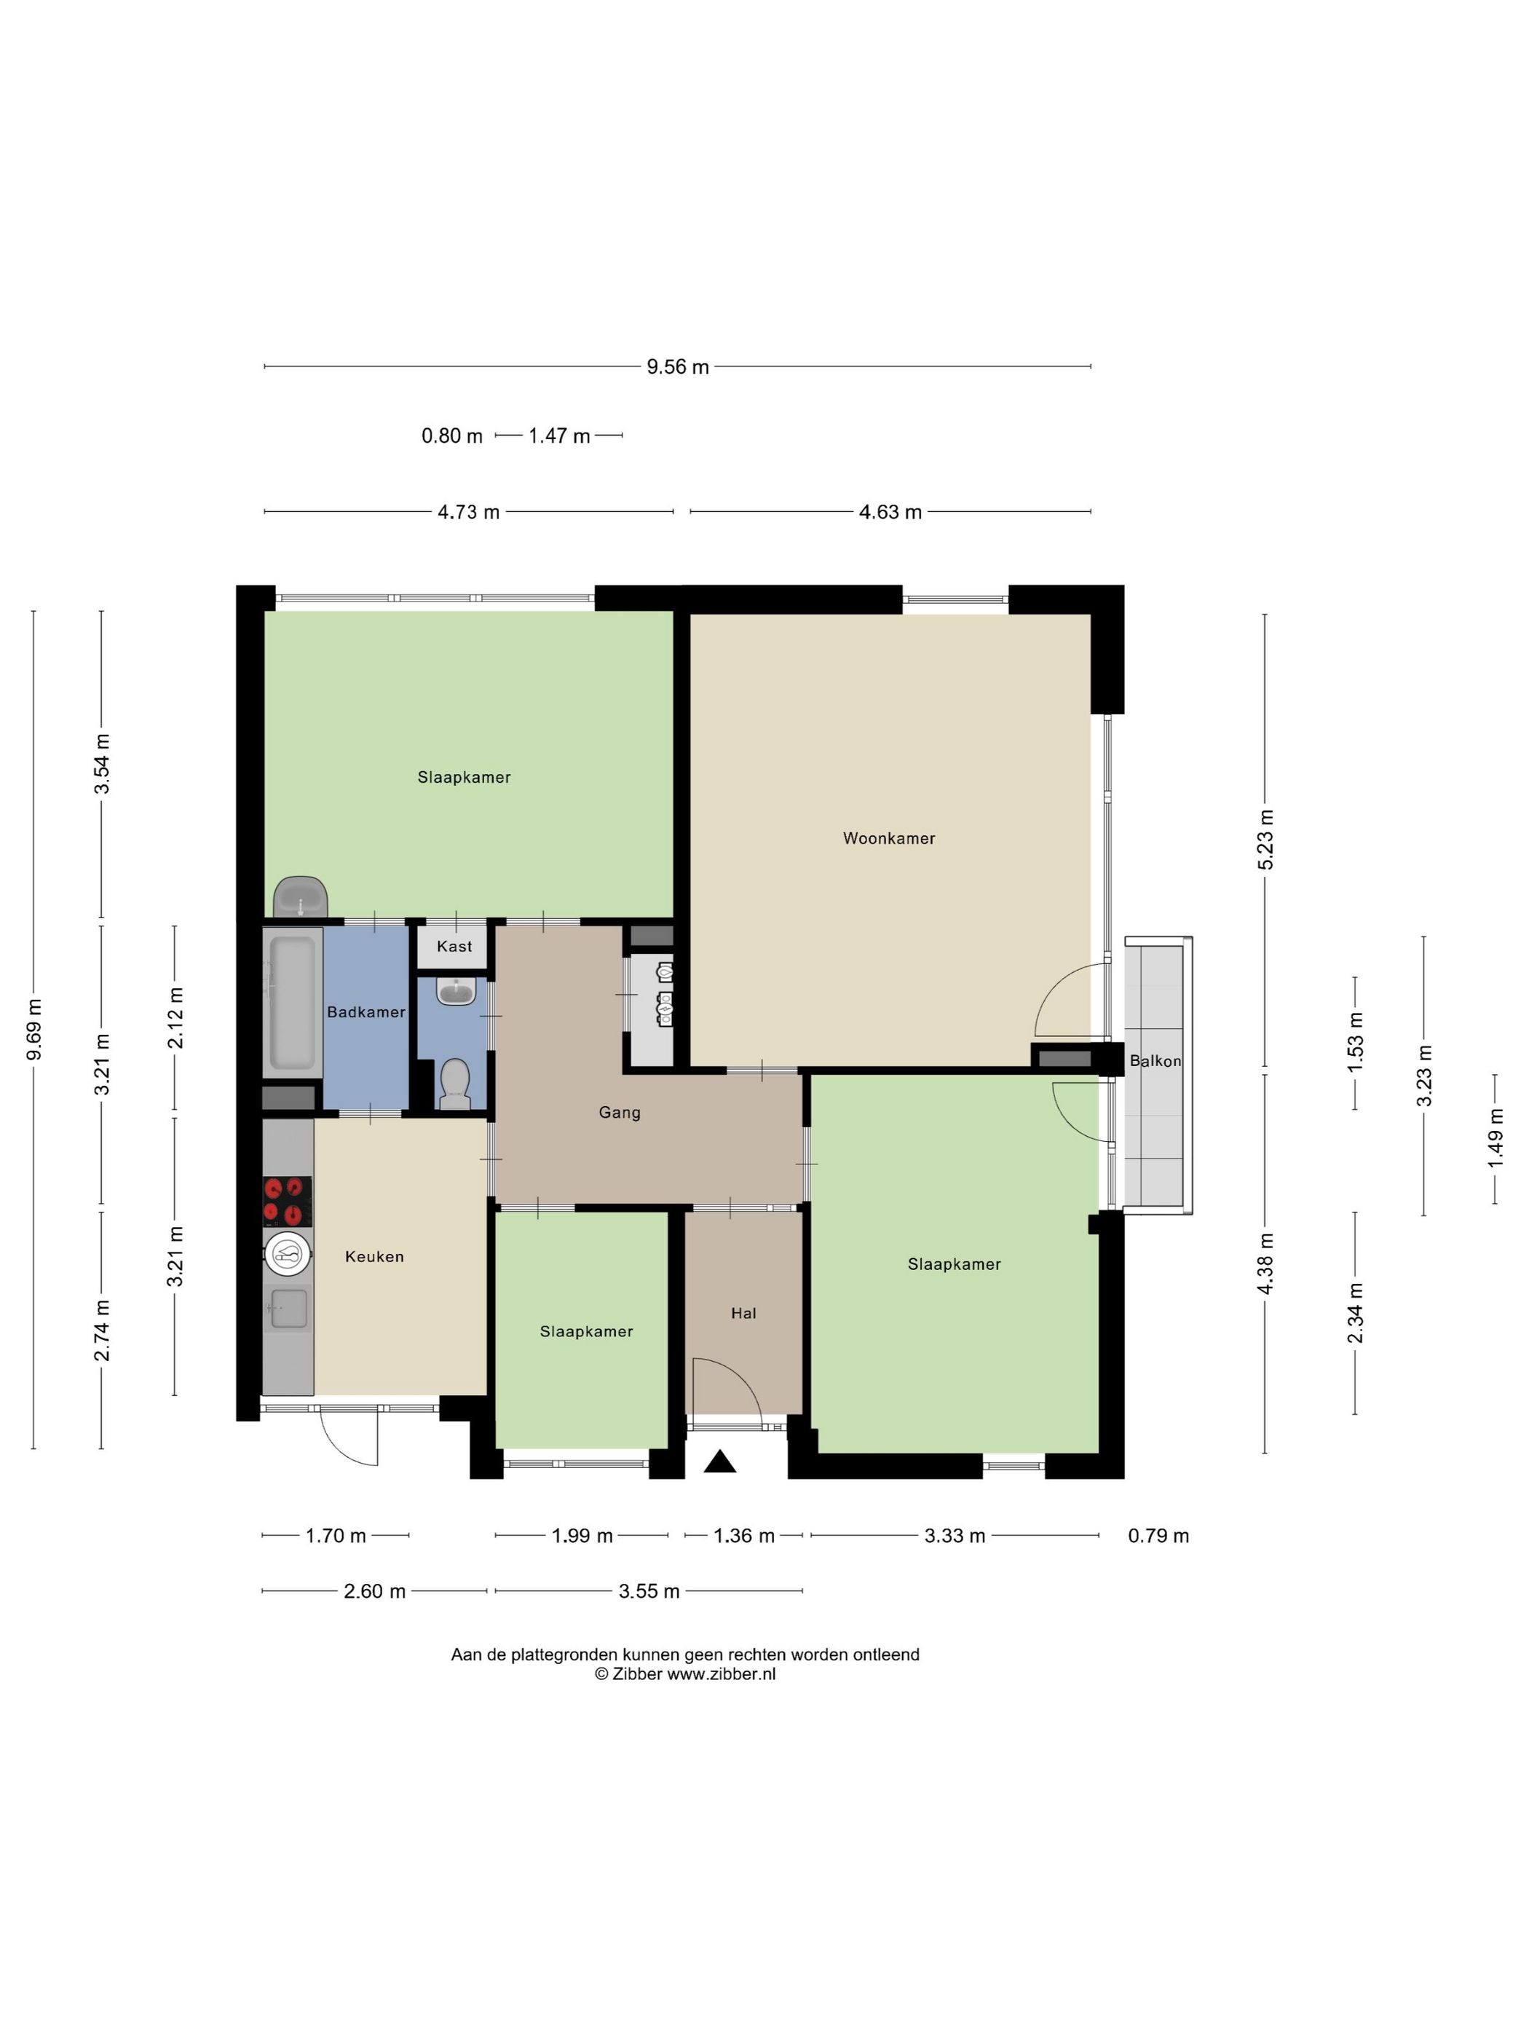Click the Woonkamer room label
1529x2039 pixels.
(x=888, y=838)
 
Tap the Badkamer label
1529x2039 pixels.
(x=366, y=1012)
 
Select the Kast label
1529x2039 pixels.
(x=454, y=947)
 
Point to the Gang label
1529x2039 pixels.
(x=620, y=1113)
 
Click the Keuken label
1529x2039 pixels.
(x=374, y=1256)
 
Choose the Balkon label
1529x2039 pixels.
(x=1155, y=1061)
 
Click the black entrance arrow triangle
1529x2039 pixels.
(x=720, y=1462)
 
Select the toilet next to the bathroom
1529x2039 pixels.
(x=454, y=1084)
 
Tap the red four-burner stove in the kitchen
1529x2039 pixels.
(x=288, y=1201)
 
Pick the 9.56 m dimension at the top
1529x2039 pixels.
(x=677, y=367)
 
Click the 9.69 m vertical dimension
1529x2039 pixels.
(x=34, y=1030)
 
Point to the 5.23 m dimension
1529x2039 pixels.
(x=1265, y=839)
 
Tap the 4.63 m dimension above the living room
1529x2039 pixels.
(x=890, y=513)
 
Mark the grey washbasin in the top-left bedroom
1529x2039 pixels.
(x=301, y=897)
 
